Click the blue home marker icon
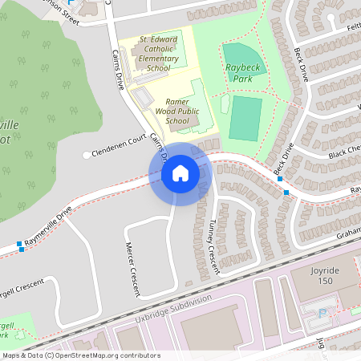[x=180, y=173]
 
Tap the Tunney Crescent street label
[x=213, y=249]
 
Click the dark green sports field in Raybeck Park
[x=245, y=117]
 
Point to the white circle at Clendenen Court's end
[x=86, y=155]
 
